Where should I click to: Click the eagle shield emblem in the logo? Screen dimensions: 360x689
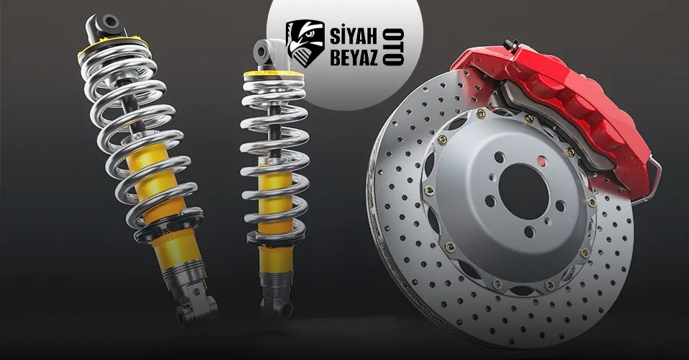[305, 44]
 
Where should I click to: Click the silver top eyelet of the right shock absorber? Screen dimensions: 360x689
[262, 53]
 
